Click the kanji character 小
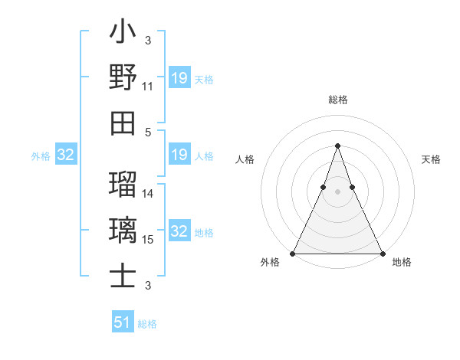point(123,33)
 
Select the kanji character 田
point(123,123)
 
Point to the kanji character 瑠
point(123,185)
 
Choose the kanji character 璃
point(123,230)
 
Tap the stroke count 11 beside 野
point(148,87)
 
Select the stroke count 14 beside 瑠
point(148,194)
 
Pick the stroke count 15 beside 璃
point(148,240)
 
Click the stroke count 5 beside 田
point(148,132)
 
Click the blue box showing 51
point(123,322)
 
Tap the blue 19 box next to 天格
point(179,78)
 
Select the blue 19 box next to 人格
point(179,155)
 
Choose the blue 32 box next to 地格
point(179,231)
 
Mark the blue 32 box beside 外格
point(66,155)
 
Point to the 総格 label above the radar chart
point(337,100)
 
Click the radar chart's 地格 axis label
point(402,263)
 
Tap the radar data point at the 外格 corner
point(293,254)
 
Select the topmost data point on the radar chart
point(337,146)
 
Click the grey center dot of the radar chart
point(337,191)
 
